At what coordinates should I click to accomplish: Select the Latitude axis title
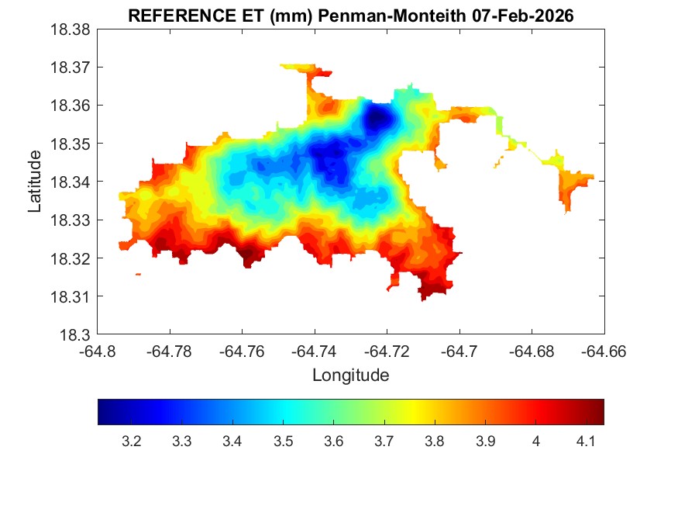pyautogui.click(x=35, y=182)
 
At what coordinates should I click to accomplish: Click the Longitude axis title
pyautogui.click(x=350, y=376)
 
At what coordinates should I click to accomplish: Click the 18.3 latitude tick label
pyautogui.click(x=76, y=335)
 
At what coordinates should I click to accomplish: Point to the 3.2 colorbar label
pyautogui.click(x=132, y=441)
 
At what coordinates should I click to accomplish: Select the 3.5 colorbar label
pyautogui.click(x=283, y=441)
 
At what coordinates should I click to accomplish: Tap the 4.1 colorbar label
pyautogui.click(x=586, y=441)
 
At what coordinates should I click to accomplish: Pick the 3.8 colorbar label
pyautogui.click(x=435, y=441)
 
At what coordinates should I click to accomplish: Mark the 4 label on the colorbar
pyautogui.click(x=535, y=441)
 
